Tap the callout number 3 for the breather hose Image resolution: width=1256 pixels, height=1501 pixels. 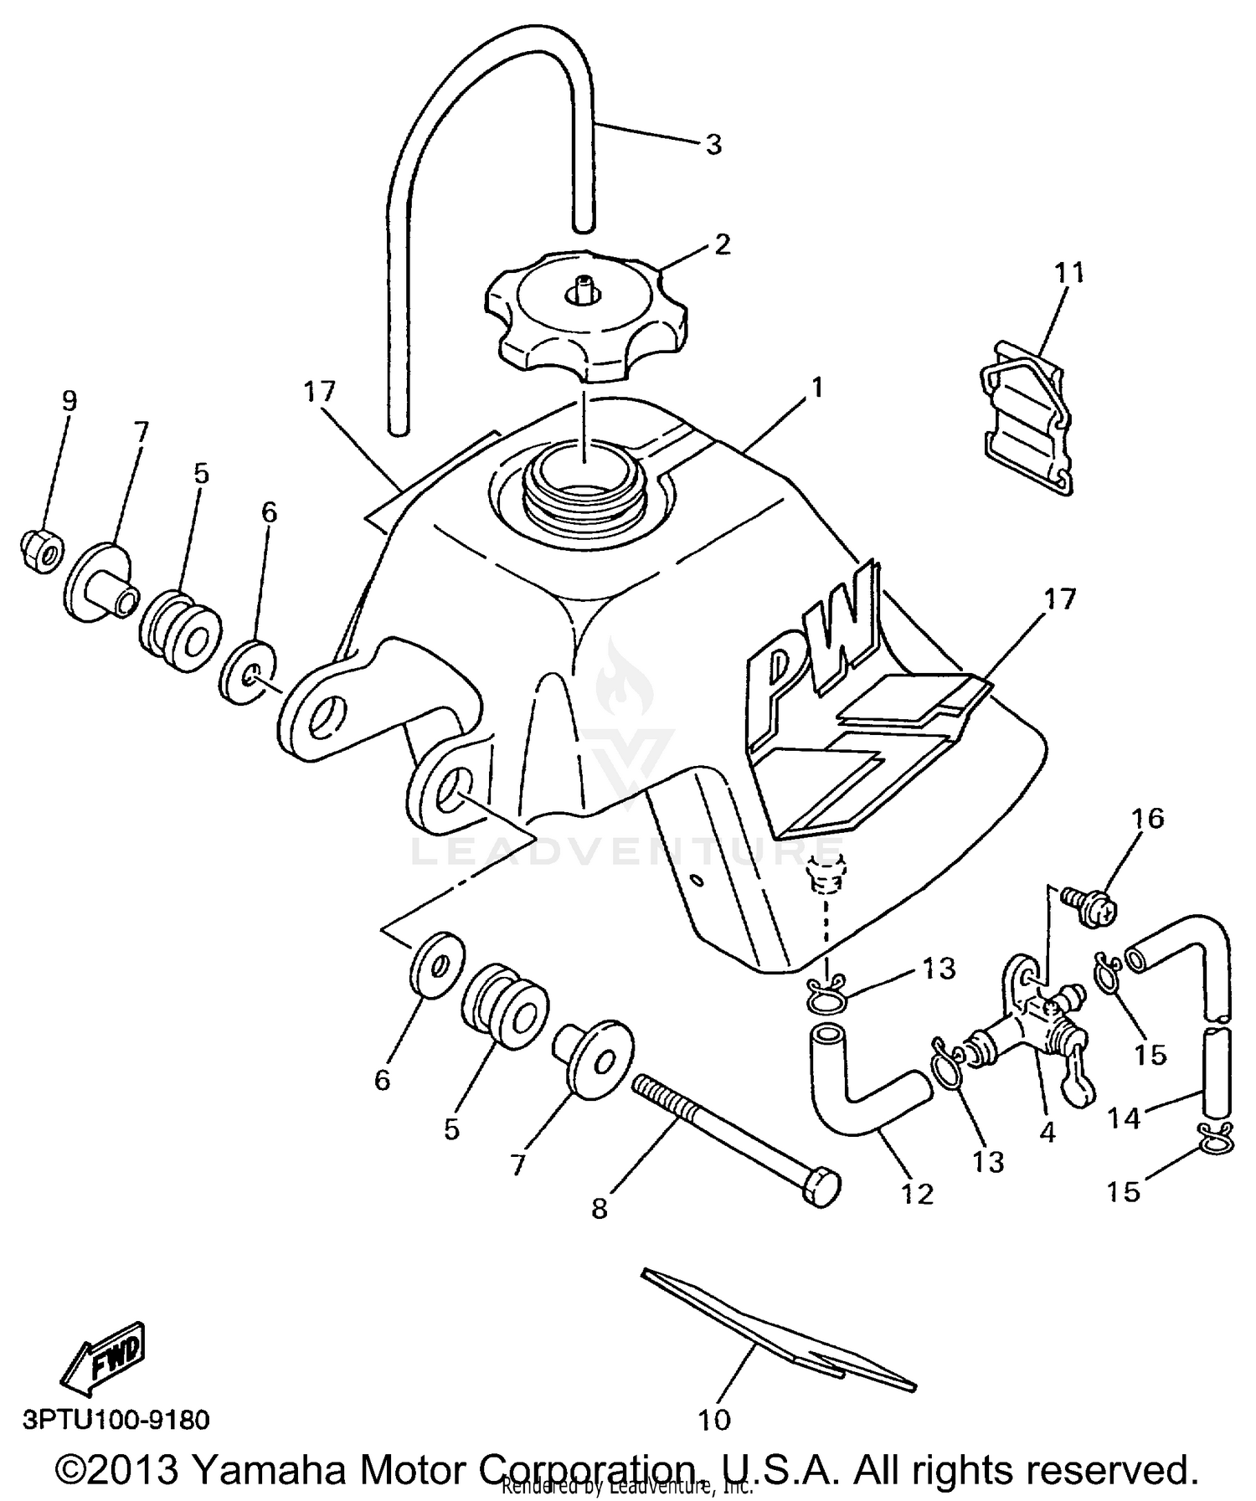pyautogui.click(x=713, y=145)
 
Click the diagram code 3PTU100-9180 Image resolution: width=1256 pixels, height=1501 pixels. pyautogui.click(x=116, y=1420)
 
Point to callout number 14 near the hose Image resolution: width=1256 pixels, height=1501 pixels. pyautogui.click(x=1123, y=1117)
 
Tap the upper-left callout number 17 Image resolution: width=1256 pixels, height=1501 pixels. pyautogui.click(x=321, y=390)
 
